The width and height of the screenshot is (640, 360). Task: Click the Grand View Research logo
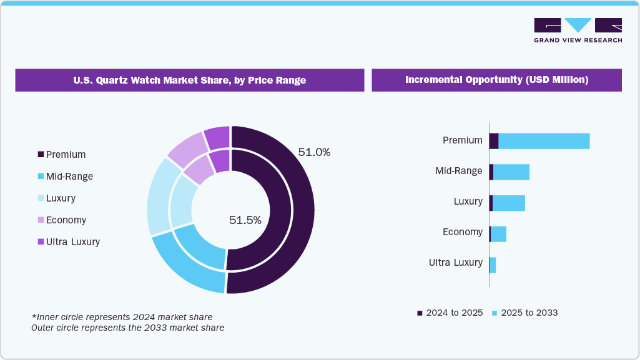(578, 30)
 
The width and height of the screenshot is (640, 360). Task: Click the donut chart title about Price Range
(189, 80)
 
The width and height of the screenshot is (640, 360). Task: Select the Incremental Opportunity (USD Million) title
(496, 80)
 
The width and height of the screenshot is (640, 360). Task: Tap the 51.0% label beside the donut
(314, 152)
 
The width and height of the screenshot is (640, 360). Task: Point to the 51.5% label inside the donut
(245, 220)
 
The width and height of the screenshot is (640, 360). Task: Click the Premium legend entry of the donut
(62, 155)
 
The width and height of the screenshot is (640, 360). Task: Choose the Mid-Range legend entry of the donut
(66, 177)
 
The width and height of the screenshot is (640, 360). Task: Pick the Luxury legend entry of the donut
(57, 198)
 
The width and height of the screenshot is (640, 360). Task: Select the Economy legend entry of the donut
(62, 220)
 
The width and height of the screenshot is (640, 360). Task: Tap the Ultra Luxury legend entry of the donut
(69, 242)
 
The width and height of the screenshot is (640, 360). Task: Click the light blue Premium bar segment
(543, 141)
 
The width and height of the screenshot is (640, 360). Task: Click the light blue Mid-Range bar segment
(511, 172)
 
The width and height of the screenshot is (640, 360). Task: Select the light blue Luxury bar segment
(508, 203)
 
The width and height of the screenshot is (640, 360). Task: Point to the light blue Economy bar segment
(498, 234)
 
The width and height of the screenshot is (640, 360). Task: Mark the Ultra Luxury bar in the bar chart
(493, 265)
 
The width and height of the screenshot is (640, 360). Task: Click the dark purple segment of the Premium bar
(493, 141)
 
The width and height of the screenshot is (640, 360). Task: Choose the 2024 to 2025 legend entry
(450, 313)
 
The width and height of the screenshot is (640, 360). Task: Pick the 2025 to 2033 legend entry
(524, 313)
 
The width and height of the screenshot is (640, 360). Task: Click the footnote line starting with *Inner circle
(122, 317)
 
